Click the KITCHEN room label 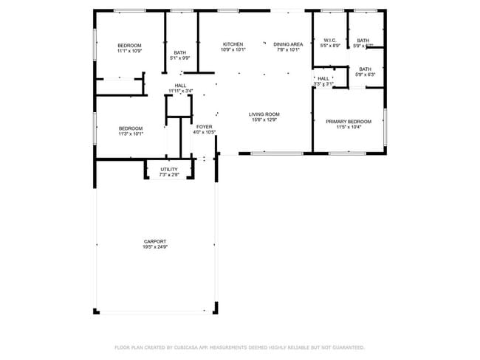point(233,44)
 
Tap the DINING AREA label point(288,44)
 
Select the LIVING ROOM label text point(264,114)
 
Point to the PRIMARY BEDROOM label point(349,121)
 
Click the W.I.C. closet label point(329,40)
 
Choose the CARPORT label point(155,241)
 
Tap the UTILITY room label point(169,170)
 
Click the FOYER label point(204,127)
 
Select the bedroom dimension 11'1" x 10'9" point(129,52)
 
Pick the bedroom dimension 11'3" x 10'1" point(131,134)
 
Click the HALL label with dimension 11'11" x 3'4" point(180,91)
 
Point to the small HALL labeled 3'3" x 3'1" point(323,84)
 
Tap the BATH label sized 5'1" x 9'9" point(180,58)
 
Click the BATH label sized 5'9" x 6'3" point(366,75)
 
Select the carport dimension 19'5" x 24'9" point(155,247)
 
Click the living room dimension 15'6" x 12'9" point(264,120)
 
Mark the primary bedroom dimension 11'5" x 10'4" point(349,127)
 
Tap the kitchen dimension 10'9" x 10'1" point(233,50)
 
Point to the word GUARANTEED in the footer point(346,347)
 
